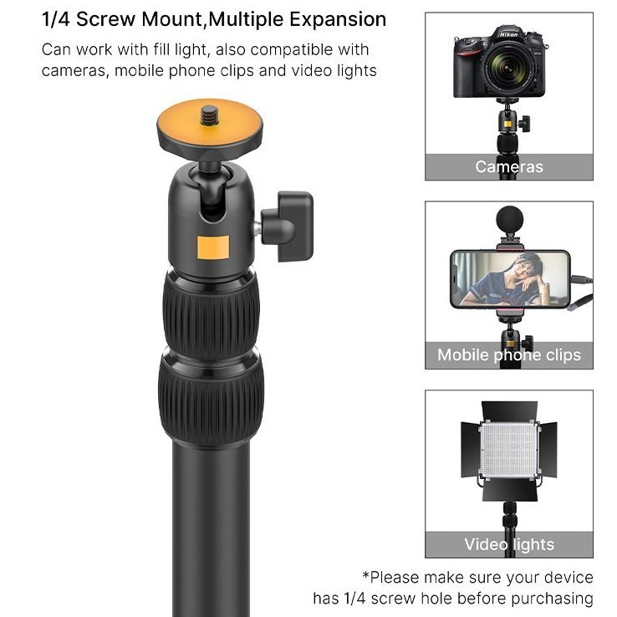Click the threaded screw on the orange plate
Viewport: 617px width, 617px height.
[x=209, y=115]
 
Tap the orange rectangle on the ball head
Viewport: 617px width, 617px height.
[x=213, y=247]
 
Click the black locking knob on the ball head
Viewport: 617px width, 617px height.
[x=288, y=227]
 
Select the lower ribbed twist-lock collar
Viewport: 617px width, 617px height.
[x=212, y=400]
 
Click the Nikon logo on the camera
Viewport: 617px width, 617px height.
[x=509, y=34]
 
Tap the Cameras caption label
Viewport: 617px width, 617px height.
[x=509, y=167]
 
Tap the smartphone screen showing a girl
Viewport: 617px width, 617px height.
[x=510, y=278]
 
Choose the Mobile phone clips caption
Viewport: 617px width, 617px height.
[x=509, y=355]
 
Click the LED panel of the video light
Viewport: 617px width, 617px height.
[x=510, y=450]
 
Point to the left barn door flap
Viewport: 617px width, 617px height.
[x=470, y=449]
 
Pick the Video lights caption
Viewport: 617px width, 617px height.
[x=509, y=544]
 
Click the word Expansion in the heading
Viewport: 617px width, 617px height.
[x=338, y=20]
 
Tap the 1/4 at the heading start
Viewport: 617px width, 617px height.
[x=55, y=19]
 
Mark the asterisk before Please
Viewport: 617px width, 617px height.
[x=365, y=575]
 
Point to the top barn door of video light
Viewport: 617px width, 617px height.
[x=510, y=410]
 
